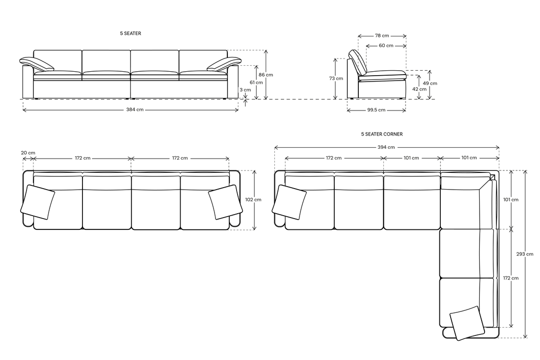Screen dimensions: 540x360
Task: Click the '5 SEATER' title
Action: pos(130,33)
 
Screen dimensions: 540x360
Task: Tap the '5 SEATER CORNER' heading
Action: pos(381,134)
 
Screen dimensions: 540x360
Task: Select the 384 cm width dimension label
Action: pos(135,110)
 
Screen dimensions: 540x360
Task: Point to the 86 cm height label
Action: pos(266,75)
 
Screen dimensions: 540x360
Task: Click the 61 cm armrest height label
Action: pos(256,83)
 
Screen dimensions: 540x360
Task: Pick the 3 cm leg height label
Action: pos(245,90)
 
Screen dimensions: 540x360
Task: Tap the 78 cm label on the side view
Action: pos(382,35)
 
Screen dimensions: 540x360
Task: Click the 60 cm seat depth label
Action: pos(386,46)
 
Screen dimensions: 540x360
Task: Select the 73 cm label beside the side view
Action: pos(336,79)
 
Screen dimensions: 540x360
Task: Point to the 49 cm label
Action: pos(430,83)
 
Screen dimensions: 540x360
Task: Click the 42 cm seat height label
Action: pos(419,89)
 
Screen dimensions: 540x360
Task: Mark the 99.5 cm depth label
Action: pos(377,110)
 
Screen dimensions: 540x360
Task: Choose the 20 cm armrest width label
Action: pos(28,153)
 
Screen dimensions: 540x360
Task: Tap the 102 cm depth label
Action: pos(253,199)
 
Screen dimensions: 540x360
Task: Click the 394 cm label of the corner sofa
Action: pos(386,147)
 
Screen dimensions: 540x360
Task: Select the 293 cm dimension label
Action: pos(525,254)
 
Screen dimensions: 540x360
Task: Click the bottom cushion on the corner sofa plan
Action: pos(467,323)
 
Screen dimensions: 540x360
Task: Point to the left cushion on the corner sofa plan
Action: pos(289,202)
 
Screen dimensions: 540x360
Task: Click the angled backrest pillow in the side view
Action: pos(358,62)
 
